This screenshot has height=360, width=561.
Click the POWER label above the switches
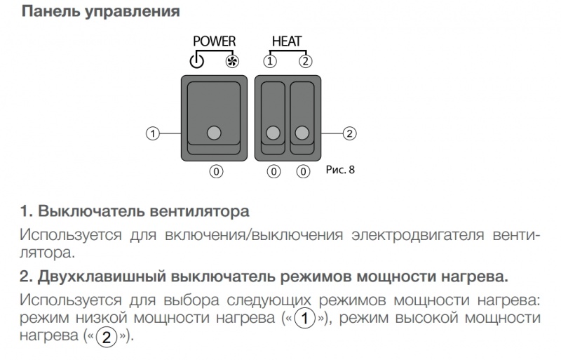coord(215,41)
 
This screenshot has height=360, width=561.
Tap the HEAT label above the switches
coord(287,41)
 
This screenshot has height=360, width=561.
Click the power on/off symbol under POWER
coord(197,61)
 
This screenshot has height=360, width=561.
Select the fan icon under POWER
coord(232,62)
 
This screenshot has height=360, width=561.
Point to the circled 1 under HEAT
coord(270,61)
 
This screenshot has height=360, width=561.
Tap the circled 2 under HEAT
coord(305,61)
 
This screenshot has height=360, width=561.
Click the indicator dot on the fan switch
coord(214,133)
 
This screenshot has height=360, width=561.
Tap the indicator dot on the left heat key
coord(273,133)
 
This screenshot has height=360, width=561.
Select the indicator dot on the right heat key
coord(302,133)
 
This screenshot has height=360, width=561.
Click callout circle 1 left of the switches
coord(153,133)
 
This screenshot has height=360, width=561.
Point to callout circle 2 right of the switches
coord(349,133)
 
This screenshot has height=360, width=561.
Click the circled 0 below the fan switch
coord(216,172)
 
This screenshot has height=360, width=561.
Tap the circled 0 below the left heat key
coord(273,172)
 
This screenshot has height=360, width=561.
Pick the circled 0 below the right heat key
coord(303,172)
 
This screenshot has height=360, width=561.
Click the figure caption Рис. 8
coord(340,169)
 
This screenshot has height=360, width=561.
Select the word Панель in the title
coord(50,11)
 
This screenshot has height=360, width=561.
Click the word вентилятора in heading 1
coord(199,211)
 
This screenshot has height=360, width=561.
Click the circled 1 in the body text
coord(305,319)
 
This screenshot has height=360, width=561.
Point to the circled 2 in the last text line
coord(107,337)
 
